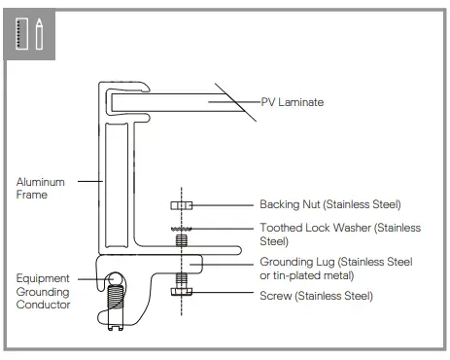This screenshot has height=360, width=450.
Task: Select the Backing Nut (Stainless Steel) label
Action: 329,204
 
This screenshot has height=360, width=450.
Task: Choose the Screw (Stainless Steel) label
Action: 316,295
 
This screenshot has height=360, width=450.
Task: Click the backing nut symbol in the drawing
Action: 181,205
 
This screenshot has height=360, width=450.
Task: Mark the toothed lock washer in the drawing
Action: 181,229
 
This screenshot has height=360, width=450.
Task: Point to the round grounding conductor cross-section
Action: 117,279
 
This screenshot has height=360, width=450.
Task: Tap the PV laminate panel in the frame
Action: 175,100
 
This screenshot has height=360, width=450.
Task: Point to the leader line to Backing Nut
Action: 224,204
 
